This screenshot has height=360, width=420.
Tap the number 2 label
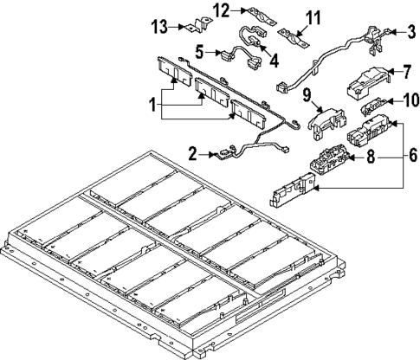coord(191,155)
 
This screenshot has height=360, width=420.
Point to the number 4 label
coord(275,61)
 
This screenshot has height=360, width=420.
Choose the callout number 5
coord(200,50)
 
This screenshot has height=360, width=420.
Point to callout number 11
coord(313,16)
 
